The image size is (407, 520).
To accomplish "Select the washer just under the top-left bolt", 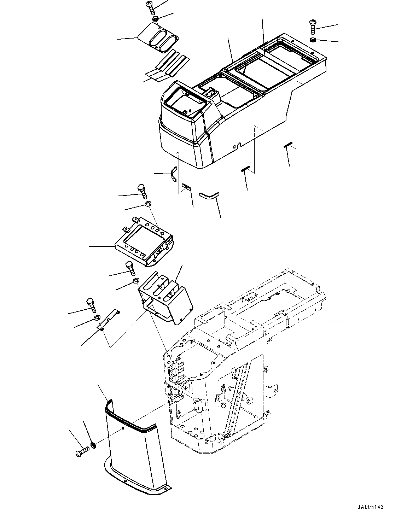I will tap(156, 18).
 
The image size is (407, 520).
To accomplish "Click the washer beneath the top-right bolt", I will tap(313, 39).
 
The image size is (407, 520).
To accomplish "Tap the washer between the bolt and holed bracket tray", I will tap(148, 204).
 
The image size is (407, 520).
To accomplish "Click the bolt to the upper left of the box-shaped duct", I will tap(130, 268).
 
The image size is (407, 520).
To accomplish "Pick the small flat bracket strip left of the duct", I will tap(108, 319).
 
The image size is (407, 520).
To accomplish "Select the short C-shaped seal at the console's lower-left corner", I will tap(173, 174).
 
